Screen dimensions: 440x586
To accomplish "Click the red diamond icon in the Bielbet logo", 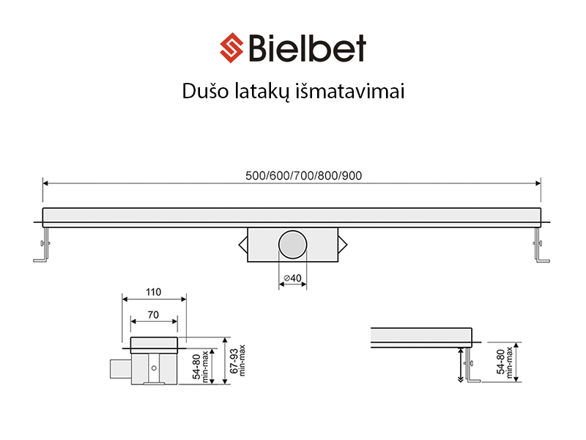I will click(x=233, y=48).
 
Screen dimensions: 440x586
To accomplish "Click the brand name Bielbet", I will click(x=307, y=48).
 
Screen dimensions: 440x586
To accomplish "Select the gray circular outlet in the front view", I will click(x=292, y=244).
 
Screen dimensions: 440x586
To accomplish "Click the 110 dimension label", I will click(x=153, y=292).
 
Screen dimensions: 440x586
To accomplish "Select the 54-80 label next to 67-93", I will click(x=199, y=361).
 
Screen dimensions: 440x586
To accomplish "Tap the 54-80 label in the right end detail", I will click(x=503, y=362).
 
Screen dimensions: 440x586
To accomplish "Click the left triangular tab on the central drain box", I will click(x=242, y=244).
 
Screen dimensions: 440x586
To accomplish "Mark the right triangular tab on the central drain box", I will click(x=343, y=244).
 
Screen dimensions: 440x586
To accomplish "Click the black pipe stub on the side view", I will click(x=117, y=367).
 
